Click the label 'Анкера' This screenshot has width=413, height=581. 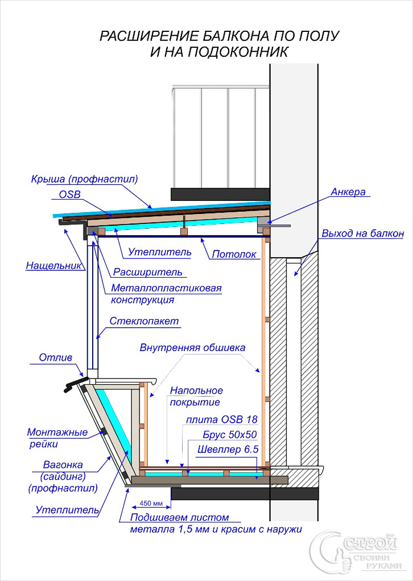(348, 192)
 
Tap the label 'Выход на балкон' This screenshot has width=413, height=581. (362, 234)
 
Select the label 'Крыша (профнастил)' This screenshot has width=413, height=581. (85, 179)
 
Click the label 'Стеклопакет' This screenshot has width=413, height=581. (145, 322)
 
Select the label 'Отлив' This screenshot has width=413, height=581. (56, 358)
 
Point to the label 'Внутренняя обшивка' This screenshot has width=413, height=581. (193, 347)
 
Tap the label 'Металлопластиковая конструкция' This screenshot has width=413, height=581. (166, 294)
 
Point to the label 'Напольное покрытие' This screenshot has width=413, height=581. (196, 397)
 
